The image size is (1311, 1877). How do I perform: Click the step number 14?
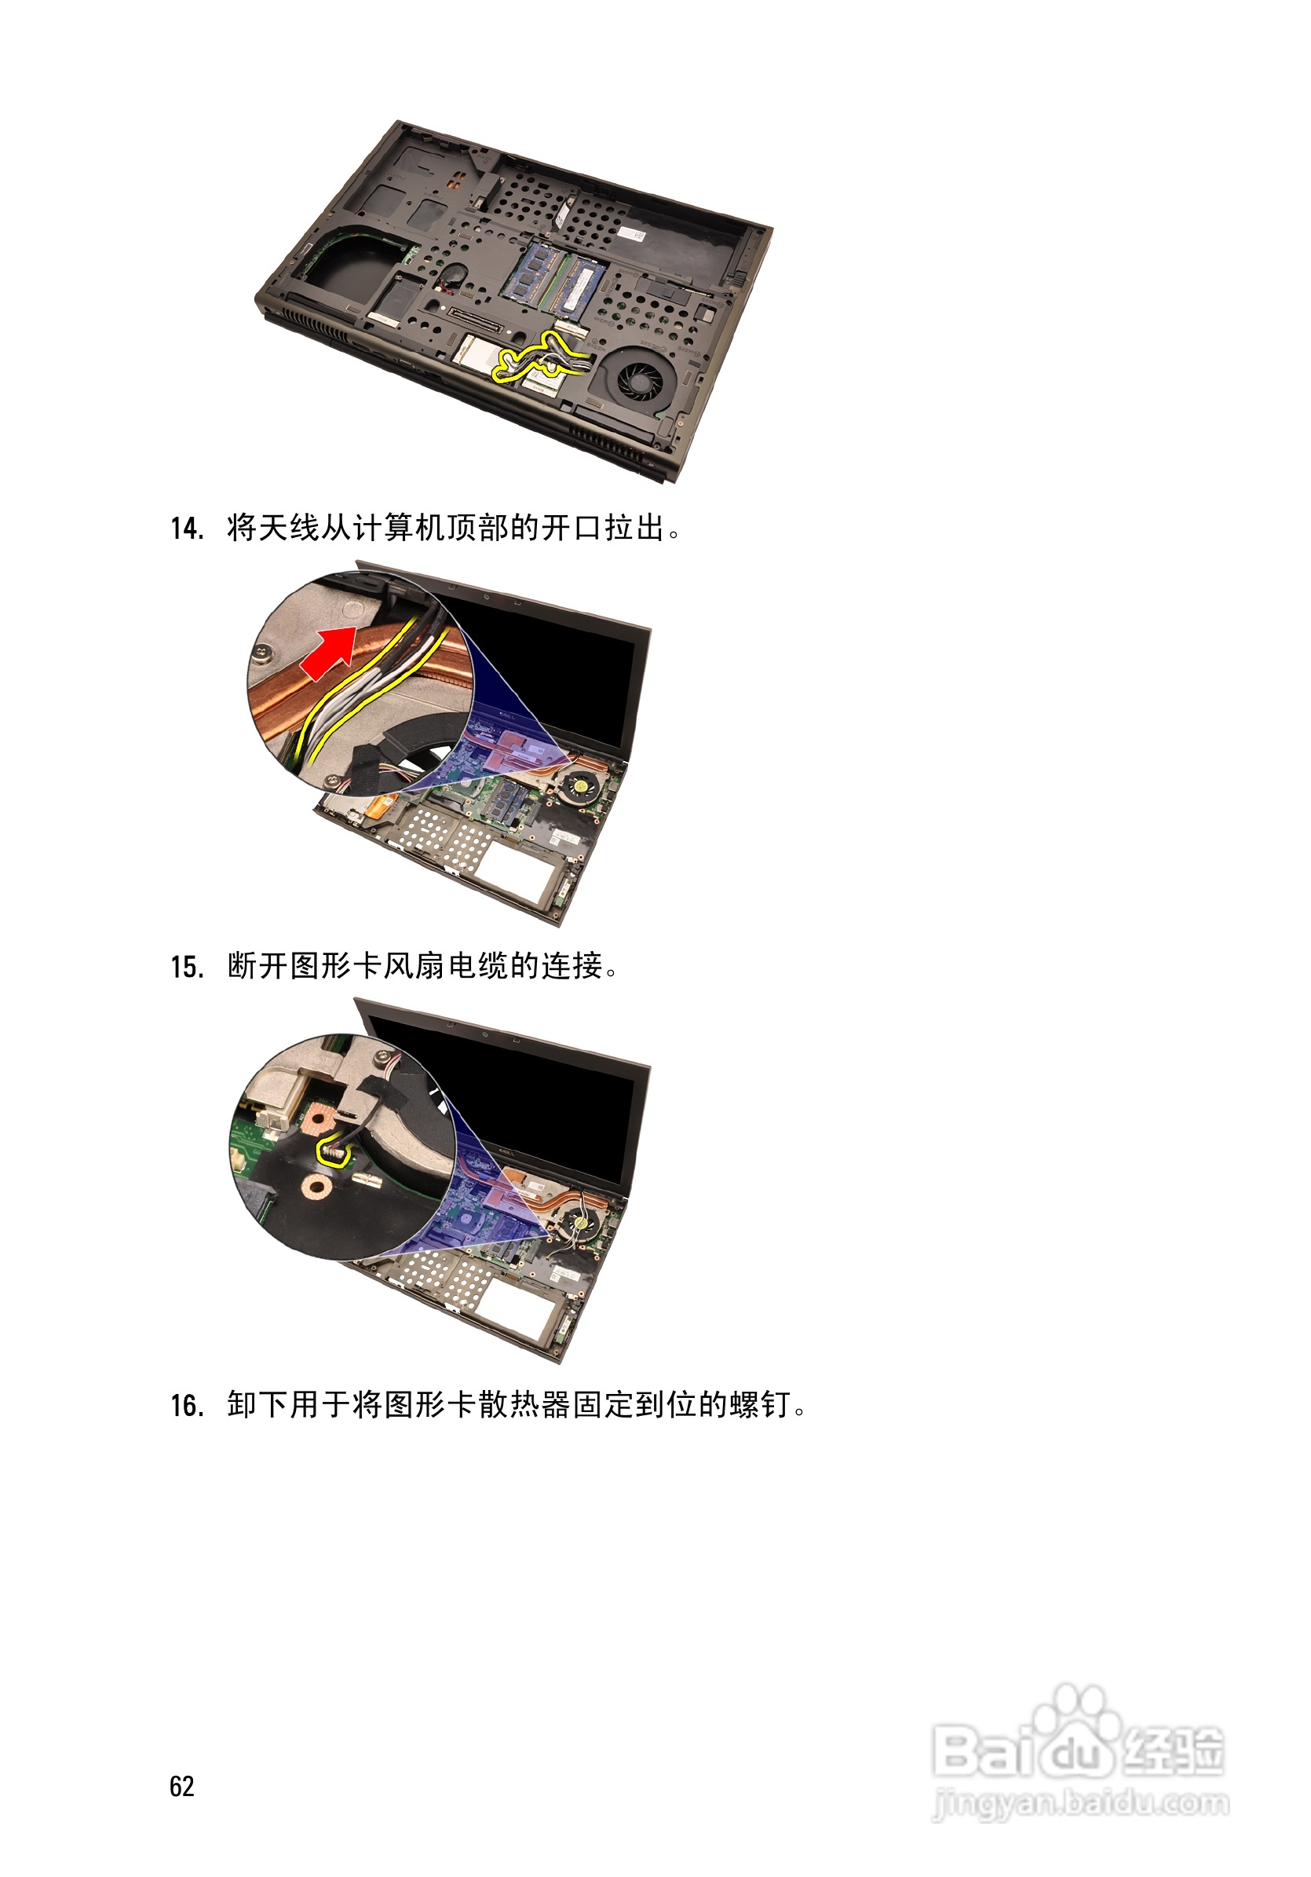[186, 529]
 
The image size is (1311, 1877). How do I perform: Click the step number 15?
[186, 967]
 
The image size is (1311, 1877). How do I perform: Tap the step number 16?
[186, 1406]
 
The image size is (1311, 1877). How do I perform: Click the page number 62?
[181, 1787]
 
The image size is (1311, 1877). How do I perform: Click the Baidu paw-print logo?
[1076, 1711]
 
